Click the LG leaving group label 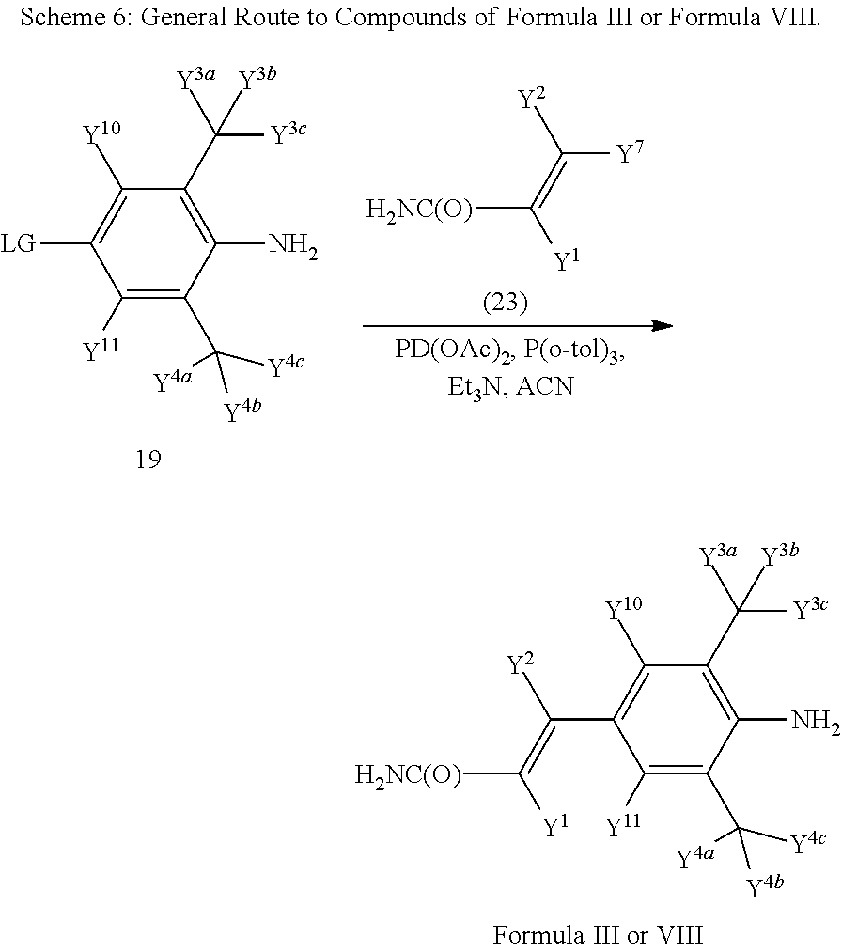[x=18, y=244]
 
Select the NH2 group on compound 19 [x=293, y=246]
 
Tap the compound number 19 [x=148, y=460]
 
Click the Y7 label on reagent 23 [x=631, y=152]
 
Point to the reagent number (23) [x=505, y=302]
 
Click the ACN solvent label [x=545, y=386]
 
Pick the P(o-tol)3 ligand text [x=574, y=351]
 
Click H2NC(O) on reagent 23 [x=419, y=211]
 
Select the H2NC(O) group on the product [x=408, y=776]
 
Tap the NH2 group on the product [x=816, y=723]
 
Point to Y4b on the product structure [x=765, y=886]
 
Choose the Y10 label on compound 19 [x=102, y=133]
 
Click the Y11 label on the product [x=623, y=824]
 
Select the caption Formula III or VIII [x=598, y=935]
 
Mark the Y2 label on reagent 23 [x=532, y=98]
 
